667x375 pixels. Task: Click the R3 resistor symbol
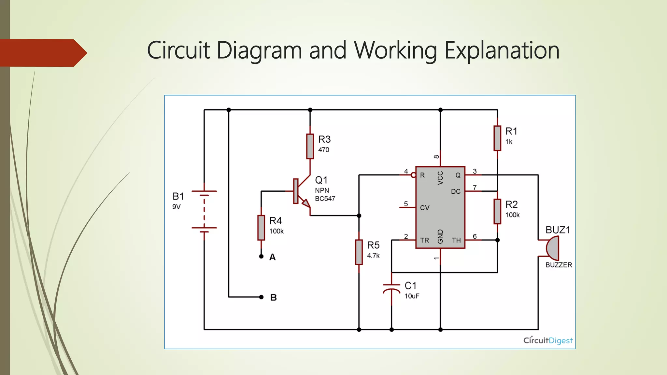[x=310, y=146]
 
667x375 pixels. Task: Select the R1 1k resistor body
[x=497, y=138]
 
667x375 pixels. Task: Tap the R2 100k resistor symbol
[x=497, y=211]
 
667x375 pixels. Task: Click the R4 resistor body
[x=261, y=228]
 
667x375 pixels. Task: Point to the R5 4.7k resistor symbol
[x=359, y=252]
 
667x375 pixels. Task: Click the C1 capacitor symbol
[x=391, y=288]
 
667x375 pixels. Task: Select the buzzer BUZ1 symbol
[x=553, y=248]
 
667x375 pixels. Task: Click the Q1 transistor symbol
[x=301, y=192]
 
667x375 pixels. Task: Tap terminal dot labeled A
[x=261, y=257]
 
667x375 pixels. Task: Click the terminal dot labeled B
[x=261, y=297]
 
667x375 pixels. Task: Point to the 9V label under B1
[x=176, y=207]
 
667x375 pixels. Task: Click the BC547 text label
[x=325, y=199]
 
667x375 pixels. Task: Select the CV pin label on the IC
[x=425, y=208]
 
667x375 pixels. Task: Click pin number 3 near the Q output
[x=475, y=171]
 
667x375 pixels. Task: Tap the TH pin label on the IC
[x=456, y=240]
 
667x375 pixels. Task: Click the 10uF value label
[x=412, y=296]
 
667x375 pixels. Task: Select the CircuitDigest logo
[x=548, y=340]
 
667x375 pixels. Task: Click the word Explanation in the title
[x=502, y=50]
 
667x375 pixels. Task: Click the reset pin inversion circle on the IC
[x=413, y=175]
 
